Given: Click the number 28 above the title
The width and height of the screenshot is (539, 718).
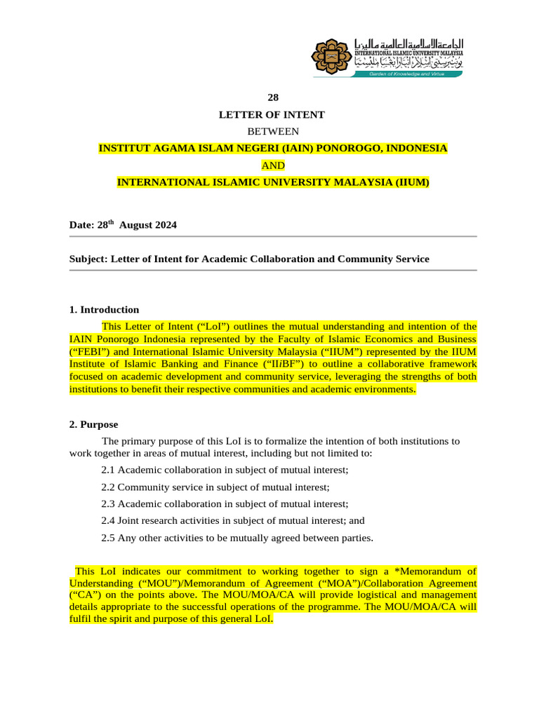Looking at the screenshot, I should pos(273,97).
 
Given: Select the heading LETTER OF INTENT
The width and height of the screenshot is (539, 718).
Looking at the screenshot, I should pos(273,114).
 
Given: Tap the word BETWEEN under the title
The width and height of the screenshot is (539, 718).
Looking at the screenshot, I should pos(273,131).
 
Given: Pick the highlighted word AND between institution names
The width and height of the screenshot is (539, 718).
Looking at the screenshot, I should pos(273,165).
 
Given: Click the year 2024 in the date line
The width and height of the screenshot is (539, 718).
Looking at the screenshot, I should pos(165,225).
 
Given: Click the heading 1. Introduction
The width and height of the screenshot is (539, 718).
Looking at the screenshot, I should pos(104,309).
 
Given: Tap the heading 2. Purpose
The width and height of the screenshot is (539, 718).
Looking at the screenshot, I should pos(93,424).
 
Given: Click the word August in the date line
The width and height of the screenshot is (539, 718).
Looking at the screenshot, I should pos(135,225).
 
